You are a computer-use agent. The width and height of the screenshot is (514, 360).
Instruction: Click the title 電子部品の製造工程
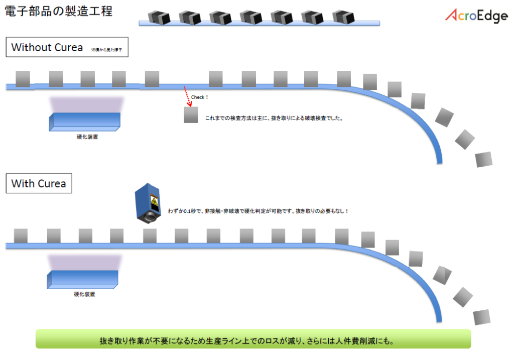(58, 11)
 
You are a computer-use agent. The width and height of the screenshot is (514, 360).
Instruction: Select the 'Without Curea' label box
(67, 48)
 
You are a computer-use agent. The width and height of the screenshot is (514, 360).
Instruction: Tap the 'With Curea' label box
(39, 183)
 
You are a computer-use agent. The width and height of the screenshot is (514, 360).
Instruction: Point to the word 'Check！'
(199, 97)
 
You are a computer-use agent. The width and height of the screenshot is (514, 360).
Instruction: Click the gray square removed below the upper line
(191, 115)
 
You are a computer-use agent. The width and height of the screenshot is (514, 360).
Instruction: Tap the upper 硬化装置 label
(84, 137)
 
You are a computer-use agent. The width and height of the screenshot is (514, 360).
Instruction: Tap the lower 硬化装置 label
(84, 294)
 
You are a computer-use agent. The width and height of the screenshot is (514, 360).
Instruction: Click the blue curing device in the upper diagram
(85, 122)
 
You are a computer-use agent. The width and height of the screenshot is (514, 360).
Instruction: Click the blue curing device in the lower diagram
(83, 280)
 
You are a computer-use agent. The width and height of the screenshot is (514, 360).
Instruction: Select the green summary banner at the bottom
(253, 339)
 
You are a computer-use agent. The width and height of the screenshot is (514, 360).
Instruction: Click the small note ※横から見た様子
(107, 50)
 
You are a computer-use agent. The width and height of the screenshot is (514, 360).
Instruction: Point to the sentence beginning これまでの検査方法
(274, 119)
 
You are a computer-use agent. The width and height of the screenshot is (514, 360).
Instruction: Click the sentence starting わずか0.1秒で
(258, 211)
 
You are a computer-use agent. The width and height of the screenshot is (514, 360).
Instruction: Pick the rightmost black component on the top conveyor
(344, 17)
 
